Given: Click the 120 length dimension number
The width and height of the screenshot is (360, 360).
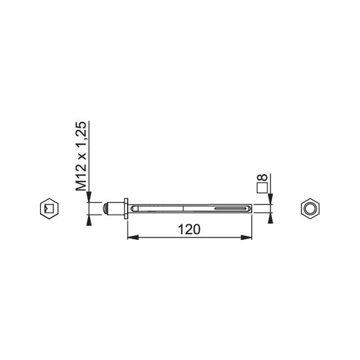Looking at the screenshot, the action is point(189,229).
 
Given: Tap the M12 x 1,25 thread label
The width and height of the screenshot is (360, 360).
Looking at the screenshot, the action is point(81,156).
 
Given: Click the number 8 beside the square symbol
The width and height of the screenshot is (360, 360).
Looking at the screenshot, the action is point(263,177).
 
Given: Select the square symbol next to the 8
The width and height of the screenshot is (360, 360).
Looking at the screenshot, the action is point(263,188).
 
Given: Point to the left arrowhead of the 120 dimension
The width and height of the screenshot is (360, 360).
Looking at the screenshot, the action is point(133,237).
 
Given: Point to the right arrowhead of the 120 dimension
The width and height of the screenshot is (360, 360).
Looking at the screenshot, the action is point(247,237).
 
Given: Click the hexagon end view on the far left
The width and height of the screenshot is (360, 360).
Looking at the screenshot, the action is point(49,209).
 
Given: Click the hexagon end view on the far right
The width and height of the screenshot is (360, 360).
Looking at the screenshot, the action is point(310,209).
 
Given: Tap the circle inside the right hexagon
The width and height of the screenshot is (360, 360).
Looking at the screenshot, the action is point(310,209).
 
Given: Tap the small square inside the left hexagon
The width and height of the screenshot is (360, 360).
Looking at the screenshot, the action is point(49,209).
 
